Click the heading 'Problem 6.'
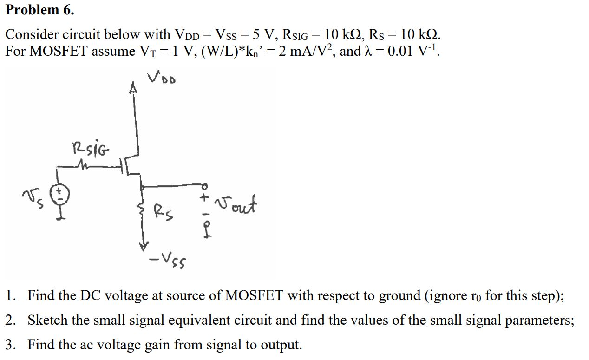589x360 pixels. [x=39, y=10]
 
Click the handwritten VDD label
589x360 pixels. [x=162, y=79]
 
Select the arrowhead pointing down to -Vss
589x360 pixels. [x=145, y=245]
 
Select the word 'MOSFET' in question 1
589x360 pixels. [x=253, y=295]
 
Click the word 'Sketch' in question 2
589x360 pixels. [x=46, y=320]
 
